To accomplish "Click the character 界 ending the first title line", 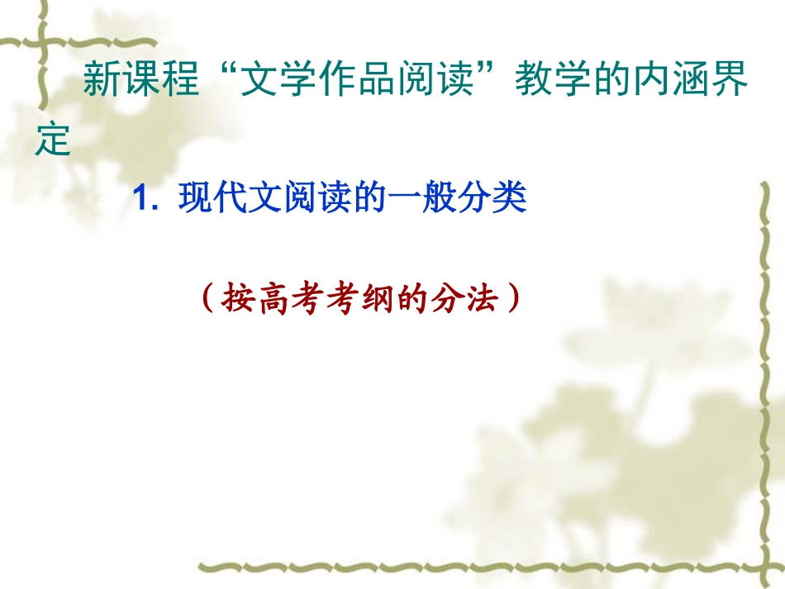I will point(731,83).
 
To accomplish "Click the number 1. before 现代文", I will point(146,201).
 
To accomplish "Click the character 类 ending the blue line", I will point(510,200).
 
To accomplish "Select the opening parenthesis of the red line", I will point(207,298).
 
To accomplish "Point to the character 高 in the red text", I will point(274,298).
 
